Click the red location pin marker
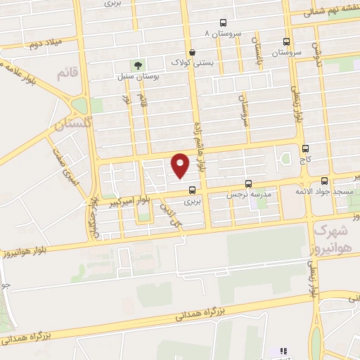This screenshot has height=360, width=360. (181, 165)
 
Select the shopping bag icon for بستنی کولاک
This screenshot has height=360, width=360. (192, 52)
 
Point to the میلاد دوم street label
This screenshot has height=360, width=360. (45, 42)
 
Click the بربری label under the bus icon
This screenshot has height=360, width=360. (192, 201)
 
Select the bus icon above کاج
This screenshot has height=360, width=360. (304, 148)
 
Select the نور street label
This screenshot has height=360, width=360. (127, 100)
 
